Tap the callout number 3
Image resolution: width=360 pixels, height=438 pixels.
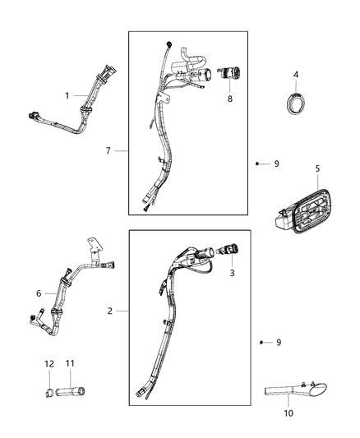point(232,273)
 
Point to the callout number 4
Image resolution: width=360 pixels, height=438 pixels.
point(296,76)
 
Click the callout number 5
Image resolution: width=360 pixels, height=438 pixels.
point(317,170)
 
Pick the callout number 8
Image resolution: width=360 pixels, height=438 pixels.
point(230,99)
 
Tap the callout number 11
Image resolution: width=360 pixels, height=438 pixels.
point(70,363)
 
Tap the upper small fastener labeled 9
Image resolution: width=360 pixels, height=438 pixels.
point(257,164)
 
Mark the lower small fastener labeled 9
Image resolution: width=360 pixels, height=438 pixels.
point(261,342)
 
